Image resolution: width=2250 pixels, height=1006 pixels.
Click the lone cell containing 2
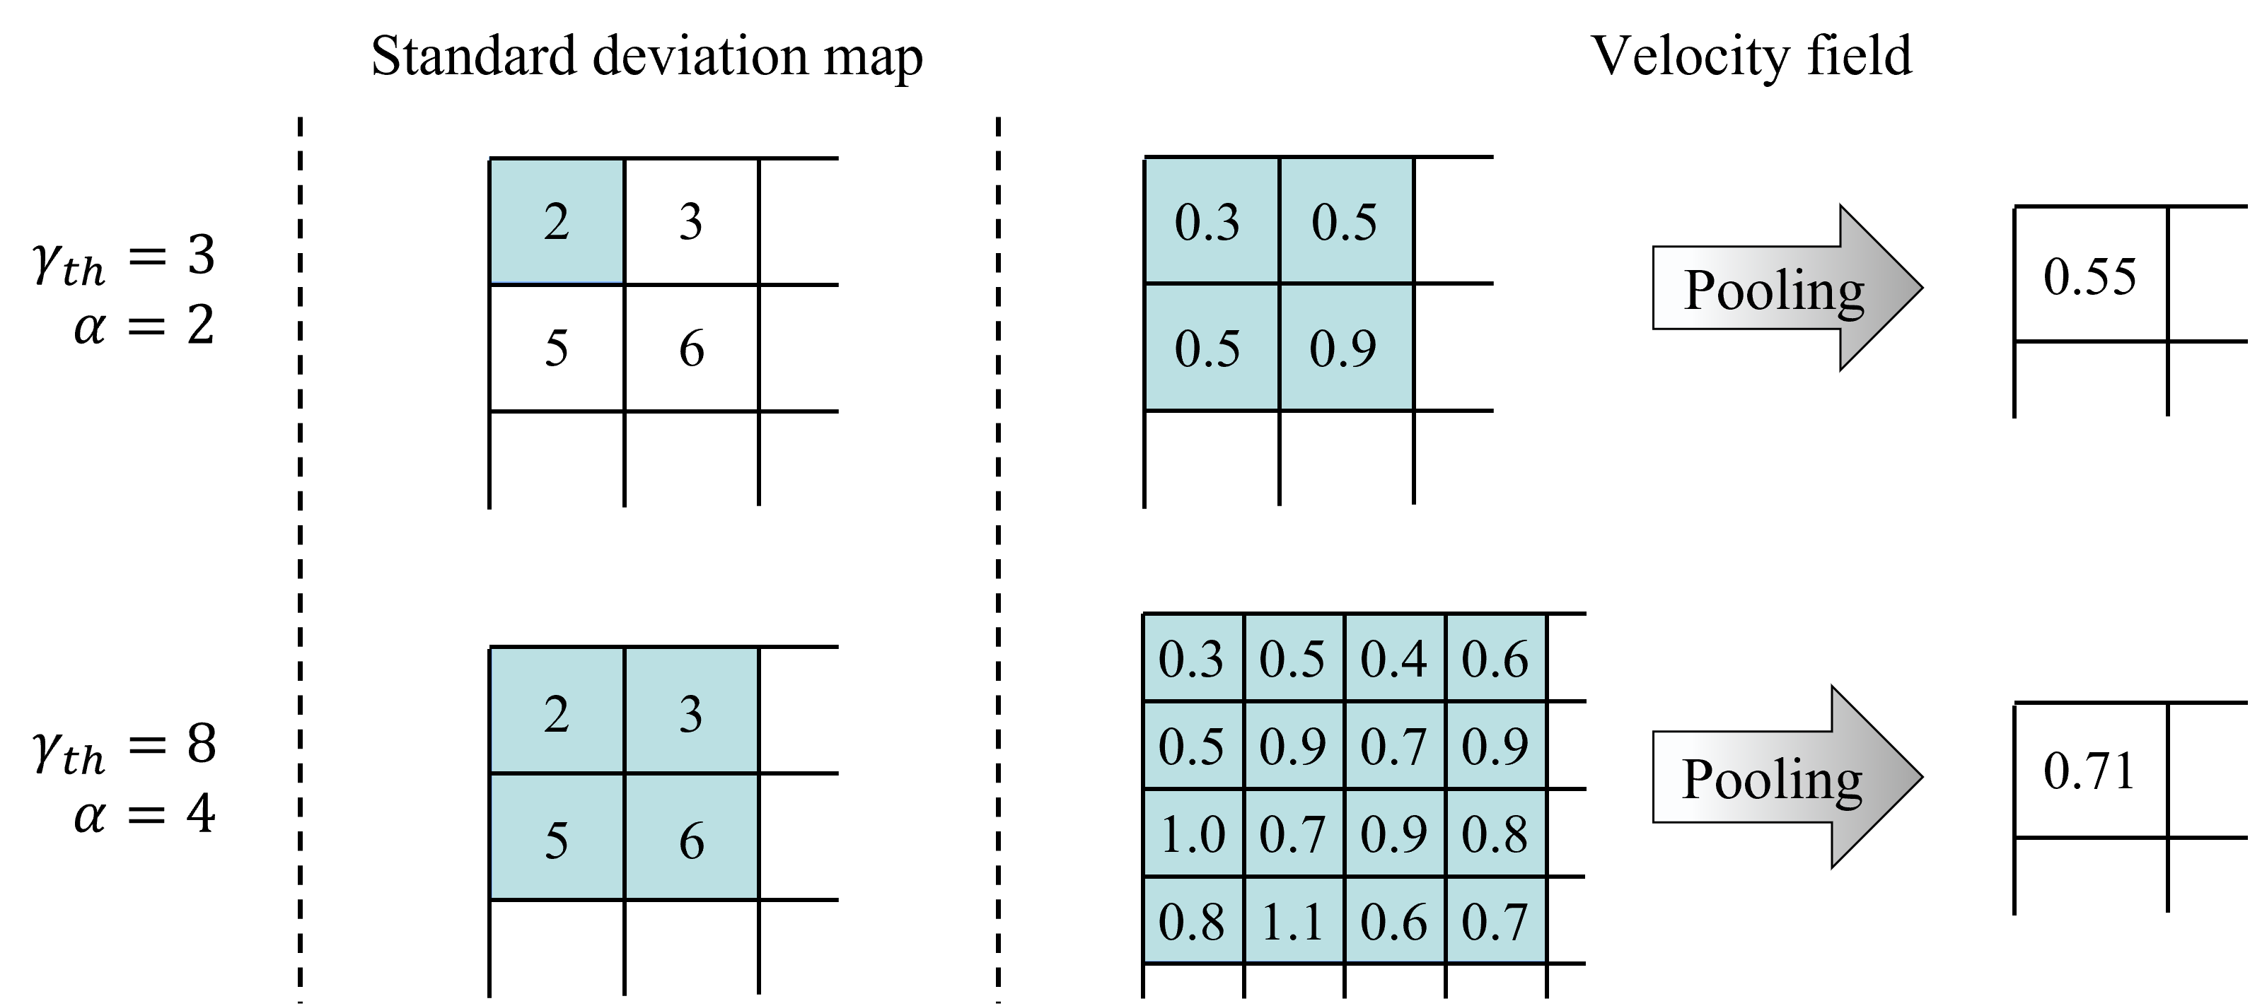tap(557, 221)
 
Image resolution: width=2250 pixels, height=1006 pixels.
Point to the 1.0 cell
tap(1193, 833)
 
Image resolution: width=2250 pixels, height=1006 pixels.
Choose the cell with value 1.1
tap(1293, 920)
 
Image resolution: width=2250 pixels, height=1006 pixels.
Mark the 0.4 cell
tap(1394, 657)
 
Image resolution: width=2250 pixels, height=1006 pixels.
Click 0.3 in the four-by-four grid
tap(1193, 657)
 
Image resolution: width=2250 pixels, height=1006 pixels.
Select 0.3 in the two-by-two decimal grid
tap(1211, 221)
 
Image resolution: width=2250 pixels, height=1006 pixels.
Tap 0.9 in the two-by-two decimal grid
tap(1345, 346)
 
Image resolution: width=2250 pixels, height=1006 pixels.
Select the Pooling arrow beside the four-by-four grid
tap(1782, 777)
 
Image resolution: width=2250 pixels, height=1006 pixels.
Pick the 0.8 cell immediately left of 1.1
tap(1193, 920)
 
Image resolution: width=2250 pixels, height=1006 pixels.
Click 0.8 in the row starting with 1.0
tap(1495, 833)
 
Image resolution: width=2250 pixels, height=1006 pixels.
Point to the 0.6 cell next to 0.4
tap(1495, 657)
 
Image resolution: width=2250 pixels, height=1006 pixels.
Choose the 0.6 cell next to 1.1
tap(1394, 920)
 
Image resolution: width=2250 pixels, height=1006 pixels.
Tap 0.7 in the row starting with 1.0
tap(1293, 833)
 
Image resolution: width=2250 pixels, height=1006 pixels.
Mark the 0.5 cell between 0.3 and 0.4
tap(1293, 657)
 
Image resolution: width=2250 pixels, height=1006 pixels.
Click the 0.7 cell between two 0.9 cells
tap(1394, 745)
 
